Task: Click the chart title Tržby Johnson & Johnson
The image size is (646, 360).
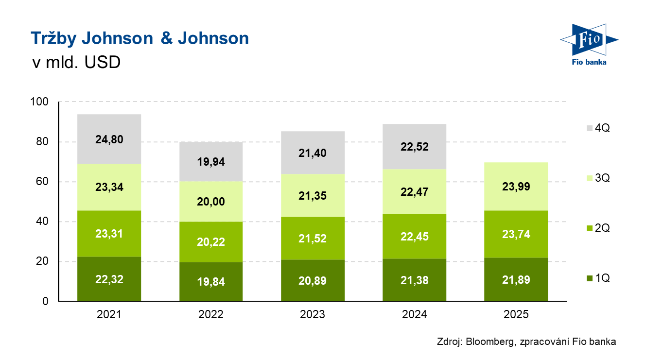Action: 140,39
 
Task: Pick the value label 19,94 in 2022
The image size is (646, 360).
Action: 211,161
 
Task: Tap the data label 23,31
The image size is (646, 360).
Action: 109,234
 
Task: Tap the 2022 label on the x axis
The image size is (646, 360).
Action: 211,315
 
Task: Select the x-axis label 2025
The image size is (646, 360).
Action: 516,315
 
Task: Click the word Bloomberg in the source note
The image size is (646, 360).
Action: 489,342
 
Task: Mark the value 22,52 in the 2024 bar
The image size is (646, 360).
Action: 415,147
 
